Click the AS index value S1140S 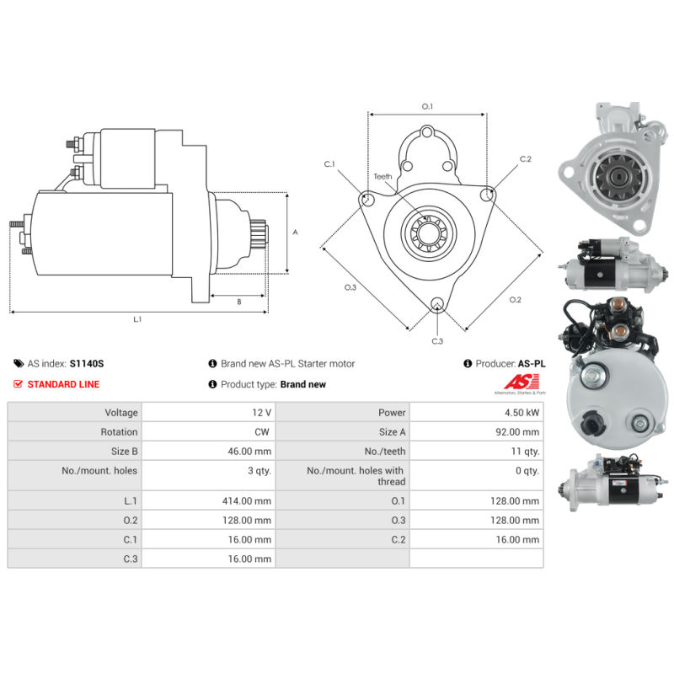87,364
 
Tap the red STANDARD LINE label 63,384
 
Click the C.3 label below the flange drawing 437,341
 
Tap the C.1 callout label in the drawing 330,163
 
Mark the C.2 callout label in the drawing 525,158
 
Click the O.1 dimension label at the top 427,106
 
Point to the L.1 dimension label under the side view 137,319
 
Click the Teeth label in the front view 383,176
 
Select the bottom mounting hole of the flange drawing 436,305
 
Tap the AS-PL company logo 518,385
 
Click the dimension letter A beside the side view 294,232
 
